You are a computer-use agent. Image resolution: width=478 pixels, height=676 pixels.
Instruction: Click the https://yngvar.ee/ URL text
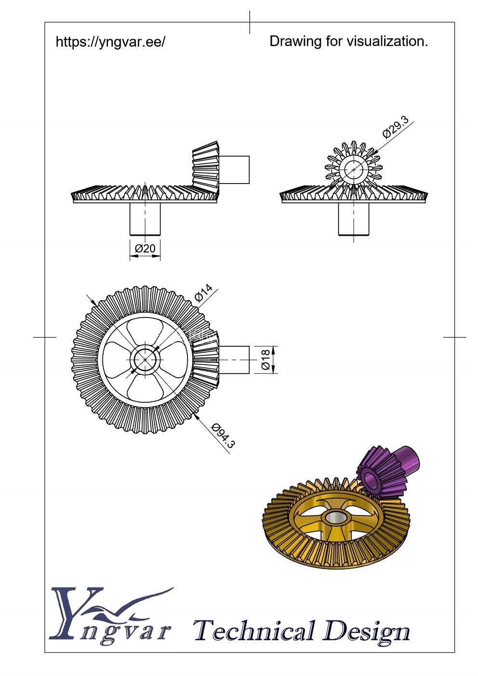pyautogui.click(x=110, y=42)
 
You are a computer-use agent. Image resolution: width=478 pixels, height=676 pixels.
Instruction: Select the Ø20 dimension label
pyautogui.click(x=145, y=248)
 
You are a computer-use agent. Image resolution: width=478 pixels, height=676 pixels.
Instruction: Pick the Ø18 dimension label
pyautogui.click(x=266, y=359)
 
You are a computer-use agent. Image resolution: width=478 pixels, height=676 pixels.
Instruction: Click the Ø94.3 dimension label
pyautogui.click(x=223, y=436)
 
